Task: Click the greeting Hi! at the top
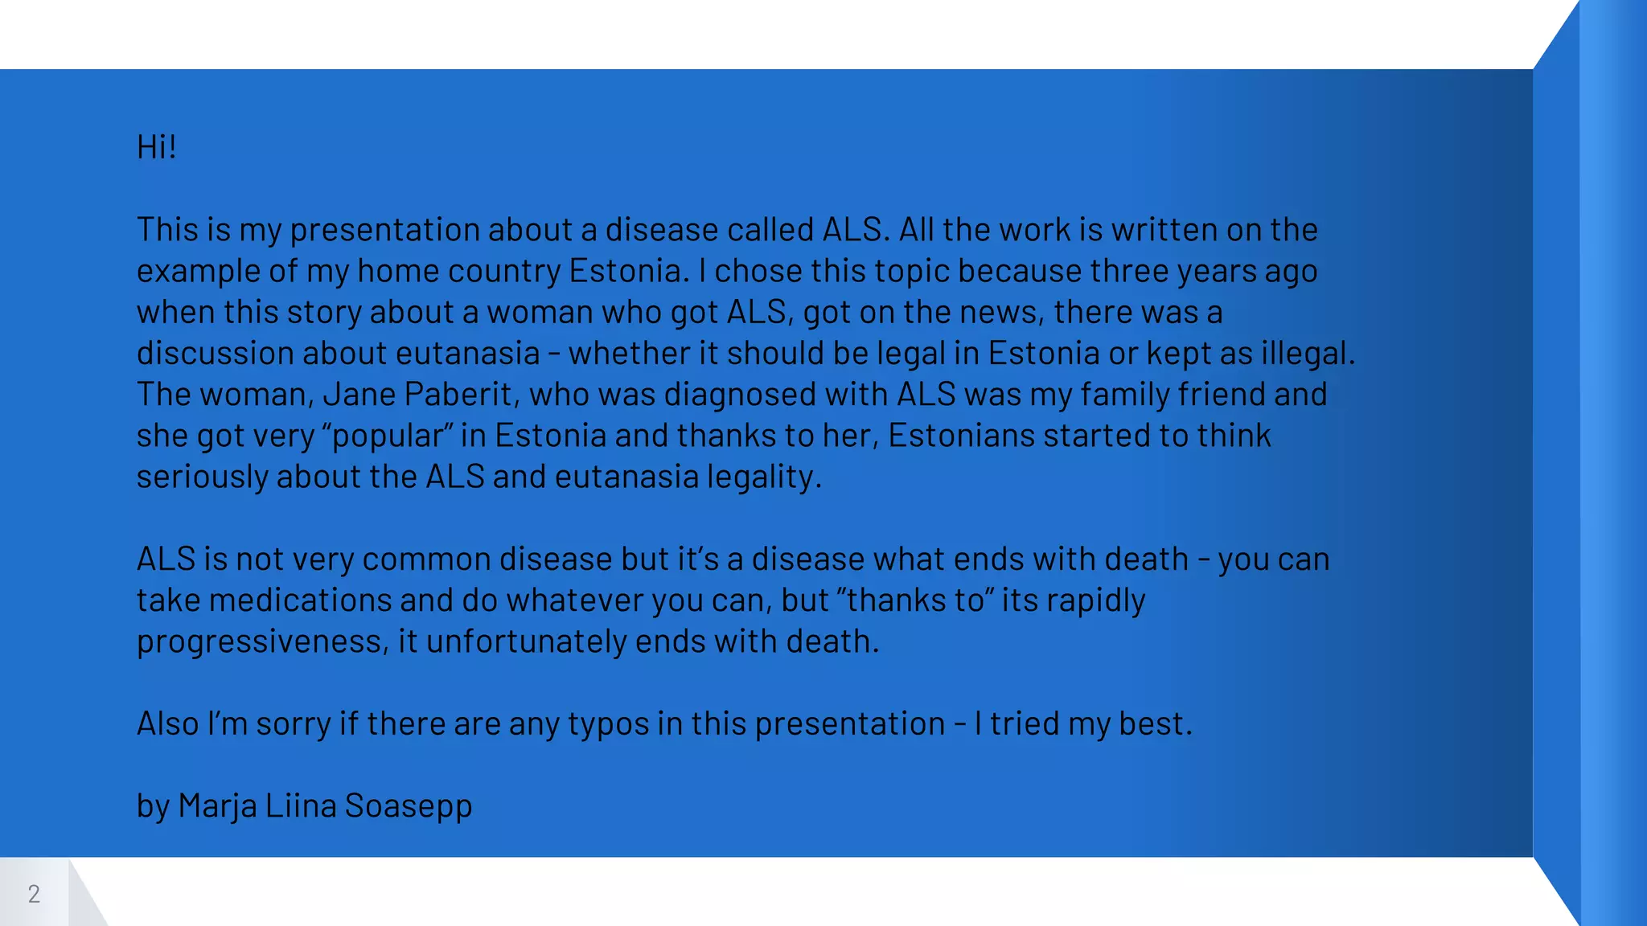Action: [156, 147]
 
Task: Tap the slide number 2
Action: [34, 894]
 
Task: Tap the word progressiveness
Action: [262, 642]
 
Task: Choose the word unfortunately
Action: [526, 641]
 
